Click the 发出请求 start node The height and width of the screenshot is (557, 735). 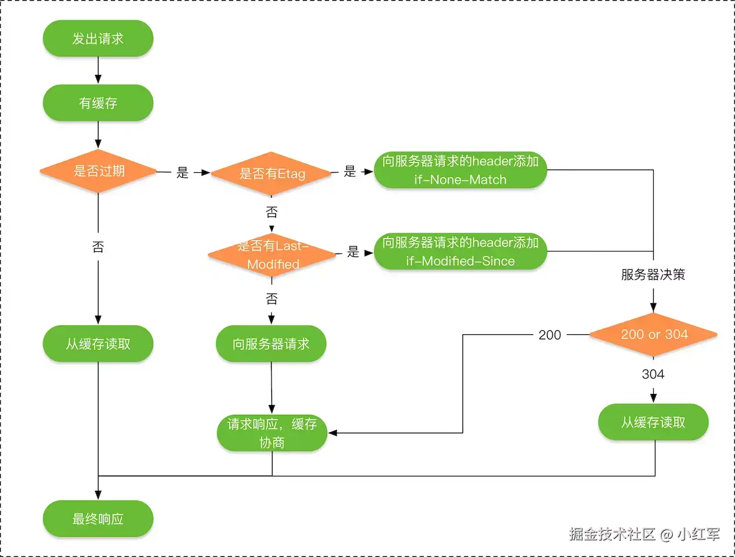coord(97,39)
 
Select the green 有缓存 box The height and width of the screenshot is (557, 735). coord(97,103)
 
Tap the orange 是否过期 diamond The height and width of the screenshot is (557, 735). coord(98,171)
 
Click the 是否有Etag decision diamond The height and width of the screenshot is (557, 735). coord(271,173)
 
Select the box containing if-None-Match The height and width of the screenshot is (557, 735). coord(460,170)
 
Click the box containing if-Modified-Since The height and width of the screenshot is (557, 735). coord(460,251)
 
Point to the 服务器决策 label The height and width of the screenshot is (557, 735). coord(653,274)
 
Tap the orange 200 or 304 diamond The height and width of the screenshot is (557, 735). coord(653,335)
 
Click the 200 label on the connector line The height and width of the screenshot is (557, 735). coord(549,335)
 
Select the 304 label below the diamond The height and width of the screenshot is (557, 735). coord(653,374)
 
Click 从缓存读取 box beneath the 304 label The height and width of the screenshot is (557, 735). coord(653,422)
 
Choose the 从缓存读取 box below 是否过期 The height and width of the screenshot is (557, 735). coord(97,344)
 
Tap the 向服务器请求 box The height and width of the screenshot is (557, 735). coord(271,344)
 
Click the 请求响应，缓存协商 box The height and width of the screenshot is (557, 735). coord(271,433)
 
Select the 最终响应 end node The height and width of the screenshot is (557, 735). coord(97,519)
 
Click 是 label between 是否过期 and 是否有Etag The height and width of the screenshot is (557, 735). coord(183,172)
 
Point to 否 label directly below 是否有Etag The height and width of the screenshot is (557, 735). coord(271,212)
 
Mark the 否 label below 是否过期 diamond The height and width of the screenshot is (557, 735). coord(98,247)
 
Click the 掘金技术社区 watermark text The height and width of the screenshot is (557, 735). coord(612,534)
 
